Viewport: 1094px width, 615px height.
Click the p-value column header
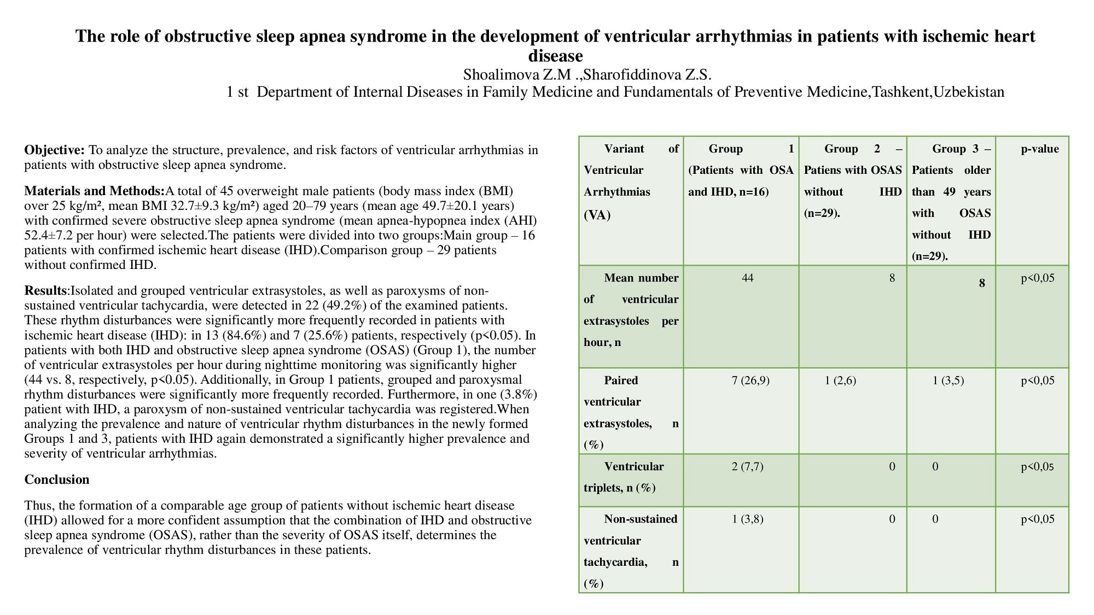(1040, 149)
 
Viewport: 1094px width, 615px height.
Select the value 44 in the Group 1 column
(747, 278)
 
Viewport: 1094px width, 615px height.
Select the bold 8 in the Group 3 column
(982, 283)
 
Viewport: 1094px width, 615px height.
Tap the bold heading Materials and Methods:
(95, 191)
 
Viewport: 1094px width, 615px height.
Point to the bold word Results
(45, 290)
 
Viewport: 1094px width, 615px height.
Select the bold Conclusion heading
(57, 479)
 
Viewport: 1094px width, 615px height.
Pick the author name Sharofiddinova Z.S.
(647, 74)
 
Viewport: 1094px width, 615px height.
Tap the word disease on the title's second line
(555, 56)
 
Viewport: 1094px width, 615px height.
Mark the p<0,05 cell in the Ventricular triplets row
(1037, 466)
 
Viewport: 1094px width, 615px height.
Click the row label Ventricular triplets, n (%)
(624, 477)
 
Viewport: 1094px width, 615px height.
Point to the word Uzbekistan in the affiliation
(969, 92)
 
